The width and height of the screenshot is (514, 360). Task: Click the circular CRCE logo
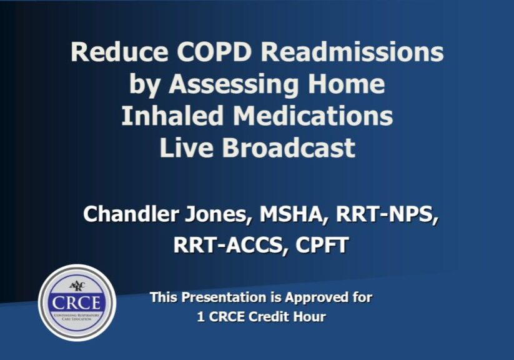tap(77, 302)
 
